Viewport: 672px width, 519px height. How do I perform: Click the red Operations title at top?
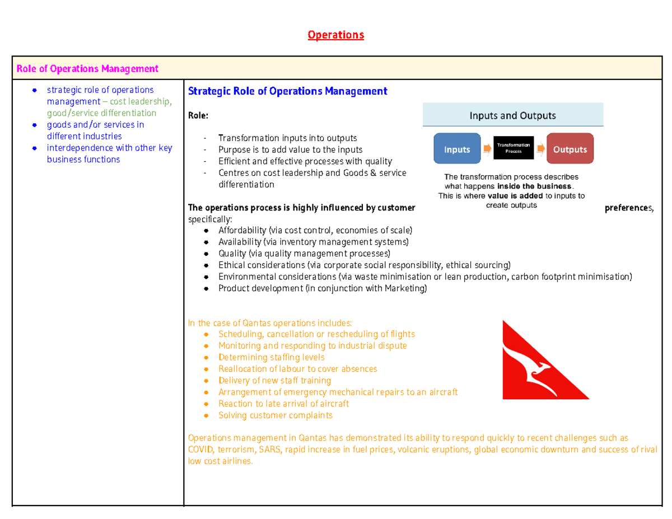(335, 35)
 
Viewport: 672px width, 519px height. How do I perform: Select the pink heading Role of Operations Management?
(87, 69)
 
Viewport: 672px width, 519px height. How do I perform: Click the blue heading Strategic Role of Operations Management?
(287, 91)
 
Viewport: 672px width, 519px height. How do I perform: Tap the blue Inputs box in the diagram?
(457, 149)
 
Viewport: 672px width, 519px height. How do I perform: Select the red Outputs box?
(570, 149)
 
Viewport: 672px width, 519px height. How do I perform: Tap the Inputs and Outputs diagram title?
(512, 116)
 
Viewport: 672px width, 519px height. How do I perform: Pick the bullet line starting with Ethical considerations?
(364, 265)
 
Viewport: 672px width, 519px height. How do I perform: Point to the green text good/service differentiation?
(101, 113)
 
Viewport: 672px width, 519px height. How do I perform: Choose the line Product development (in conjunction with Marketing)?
(322, 288)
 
